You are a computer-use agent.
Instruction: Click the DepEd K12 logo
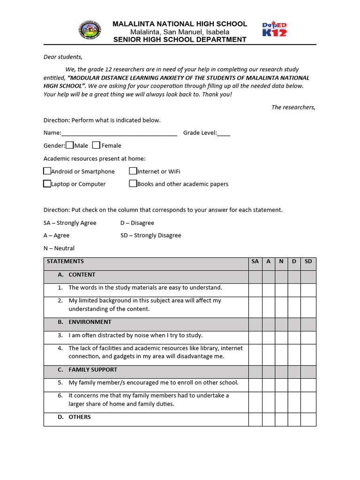[x=274, y=30]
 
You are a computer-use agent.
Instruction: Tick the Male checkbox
[x=69, y=145]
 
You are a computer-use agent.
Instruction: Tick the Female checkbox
[x=96, y=145]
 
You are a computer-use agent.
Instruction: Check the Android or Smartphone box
[x=47, y=171]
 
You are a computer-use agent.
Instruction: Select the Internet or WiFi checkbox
[x=133, y=171]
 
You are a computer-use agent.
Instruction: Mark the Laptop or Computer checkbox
[x=47, y=184]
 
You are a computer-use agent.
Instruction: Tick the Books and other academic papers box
[x=133, y=184]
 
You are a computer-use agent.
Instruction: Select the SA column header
[x=255, y=262]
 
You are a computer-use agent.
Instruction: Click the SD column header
[x=308, y=262]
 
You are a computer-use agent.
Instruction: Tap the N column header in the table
[x=281, y=262]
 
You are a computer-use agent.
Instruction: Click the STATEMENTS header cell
[x=66, y=262]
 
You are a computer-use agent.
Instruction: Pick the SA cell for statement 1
[x=255, y=290]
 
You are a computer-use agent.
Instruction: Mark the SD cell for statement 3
[x=308, y=337]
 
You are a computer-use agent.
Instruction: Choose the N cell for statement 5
[x=281, y=385]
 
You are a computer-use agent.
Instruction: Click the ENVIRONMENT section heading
[x=90, y=322]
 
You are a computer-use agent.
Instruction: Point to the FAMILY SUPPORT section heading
[x=92, y=370]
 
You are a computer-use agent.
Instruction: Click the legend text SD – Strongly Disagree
[x=150, y=235]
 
